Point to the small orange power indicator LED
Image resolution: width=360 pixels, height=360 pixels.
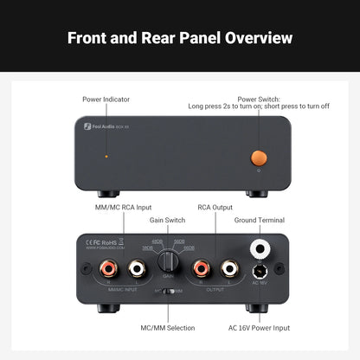click(x=106, y=157)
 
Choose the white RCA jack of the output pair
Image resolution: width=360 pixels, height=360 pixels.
click(x=230, y=270)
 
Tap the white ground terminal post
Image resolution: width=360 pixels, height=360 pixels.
click(x=257, y=249)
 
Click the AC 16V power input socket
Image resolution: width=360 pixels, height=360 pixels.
click(x=257, y=273)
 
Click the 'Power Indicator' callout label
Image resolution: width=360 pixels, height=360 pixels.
click(x=106, y=100)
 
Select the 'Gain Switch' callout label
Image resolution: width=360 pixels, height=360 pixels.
click(x=169, y=221)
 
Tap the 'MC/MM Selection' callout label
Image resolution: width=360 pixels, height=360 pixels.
click(x=168, y=328)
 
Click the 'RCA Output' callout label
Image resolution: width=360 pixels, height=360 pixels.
click(x=215, y=208)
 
